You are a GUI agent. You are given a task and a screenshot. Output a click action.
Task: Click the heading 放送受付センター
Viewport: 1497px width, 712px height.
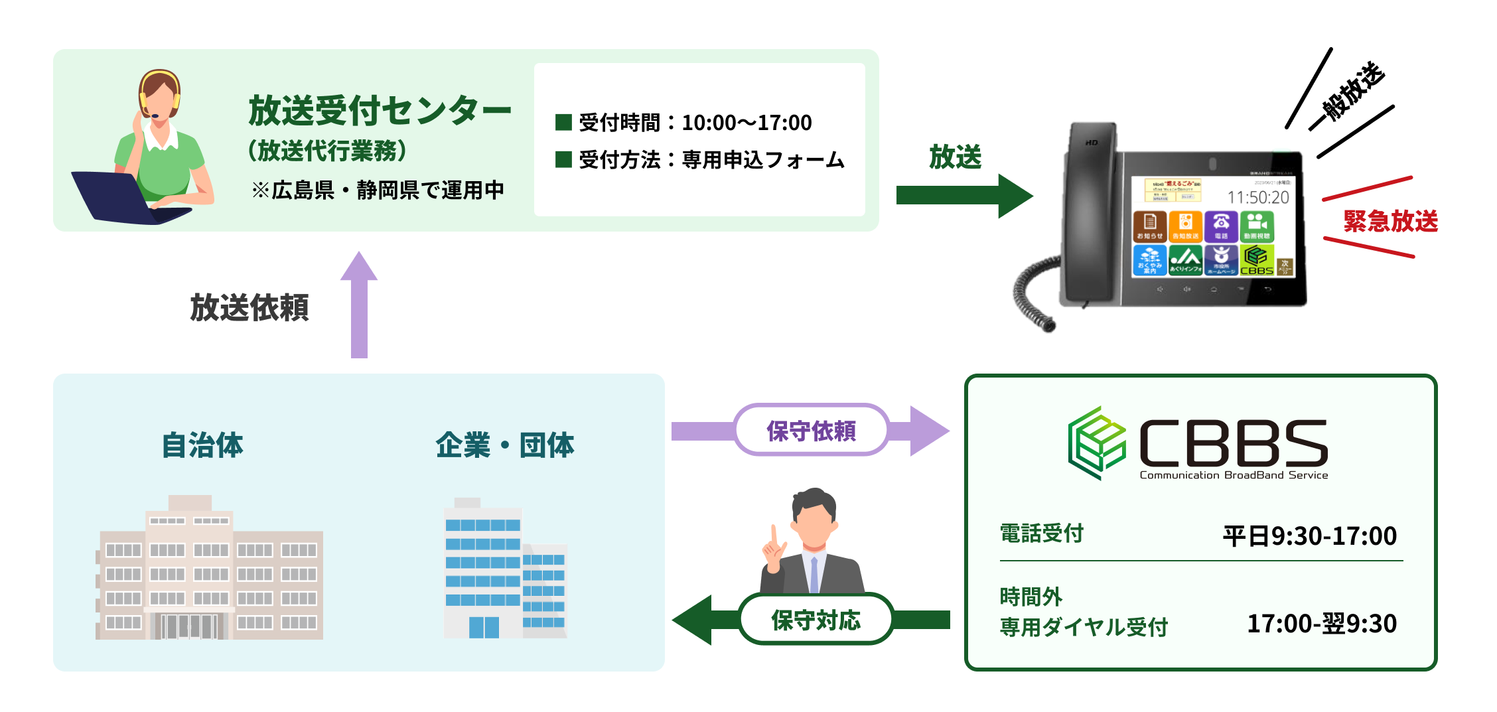(380, 110)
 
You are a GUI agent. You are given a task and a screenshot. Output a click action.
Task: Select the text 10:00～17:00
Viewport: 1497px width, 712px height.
(747, 123)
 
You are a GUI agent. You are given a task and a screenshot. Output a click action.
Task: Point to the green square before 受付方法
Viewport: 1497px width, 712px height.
(563, 159)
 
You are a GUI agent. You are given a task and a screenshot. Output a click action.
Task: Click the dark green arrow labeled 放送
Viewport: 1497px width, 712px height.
(962, 196)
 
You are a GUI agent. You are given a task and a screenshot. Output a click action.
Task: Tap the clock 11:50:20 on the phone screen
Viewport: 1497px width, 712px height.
(1257, 197)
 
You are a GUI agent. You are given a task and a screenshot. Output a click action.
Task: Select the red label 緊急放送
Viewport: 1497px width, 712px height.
(1390, 221)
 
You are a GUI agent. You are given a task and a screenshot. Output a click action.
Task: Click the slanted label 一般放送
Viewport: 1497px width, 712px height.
(1350, 93)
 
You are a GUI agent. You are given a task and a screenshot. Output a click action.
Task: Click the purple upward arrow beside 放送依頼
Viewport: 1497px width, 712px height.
(359, 305)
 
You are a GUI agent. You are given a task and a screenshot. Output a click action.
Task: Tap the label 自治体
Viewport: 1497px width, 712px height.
(202, 445)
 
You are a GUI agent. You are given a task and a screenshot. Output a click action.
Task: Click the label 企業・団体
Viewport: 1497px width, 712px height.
(504, 445)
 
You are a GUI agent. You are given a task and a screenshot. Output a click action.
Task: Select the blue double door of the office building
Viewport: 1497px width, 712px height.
(484, 626)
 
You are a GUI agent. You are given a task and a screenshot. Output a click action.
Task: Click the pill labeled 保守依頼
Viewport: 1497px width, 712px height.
(811, 431)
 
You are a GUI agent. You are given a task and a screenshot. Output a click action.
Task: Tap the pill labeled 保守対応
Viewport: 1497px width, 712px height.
(816, 620)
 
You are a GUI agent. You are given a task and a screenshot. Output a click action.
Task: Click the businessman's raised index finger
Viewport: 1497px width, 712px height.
(774, 535)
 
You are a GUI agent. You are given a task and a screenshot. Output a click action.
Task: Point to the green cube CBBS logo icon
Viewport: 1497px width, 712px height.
(1097, 443)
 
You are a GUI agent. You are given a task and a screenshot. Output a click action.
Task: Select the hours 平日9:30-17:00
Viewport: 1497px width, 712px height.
(1309, 535)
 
